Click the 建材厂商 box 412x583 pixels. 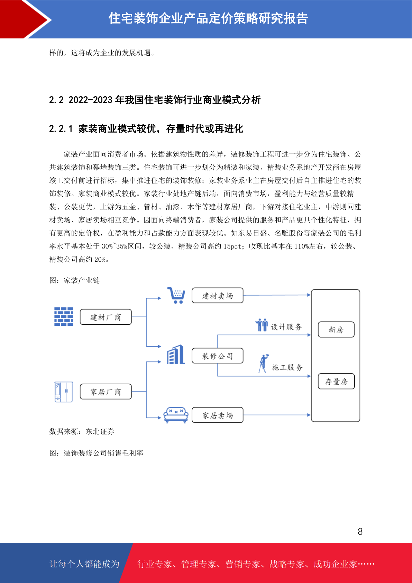[x=106, y=317]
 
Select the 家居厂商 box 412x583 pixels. [x=106, y=392]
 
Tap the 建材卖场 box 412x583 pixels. [x=218, y=295]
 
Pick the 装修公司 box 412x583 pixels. [x=218, y=356]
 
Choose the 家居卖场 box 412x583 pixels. [x=218, y=415]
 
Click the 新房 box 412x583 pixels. [x=336, y=330]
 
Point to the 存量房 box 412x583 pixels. [x=336, y=381]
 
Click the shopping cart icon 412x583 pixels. [x=176, y=295]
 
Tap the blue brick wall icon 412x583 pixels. [x=64, y=316]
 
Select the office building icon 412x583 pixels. [x=176, y=355]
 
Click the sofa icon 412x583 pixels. [x=176, y=415]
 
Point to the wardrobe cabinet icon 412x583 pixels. [x=64, y=392]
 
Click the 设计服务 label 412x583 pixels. [x=286, y=326]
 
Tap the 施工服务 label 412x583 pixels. [x=287, y=367]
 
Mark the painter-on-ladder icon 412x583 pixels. [x=264, y=364]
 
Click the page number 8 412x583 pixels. [x=360, y=531]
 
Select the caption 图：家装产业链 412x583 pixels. [x=74, y=280]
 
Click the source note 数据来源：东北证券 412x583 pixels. [x=82, y=431]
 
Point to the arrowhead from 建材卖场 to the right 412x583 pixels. [x=309, y=295]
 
